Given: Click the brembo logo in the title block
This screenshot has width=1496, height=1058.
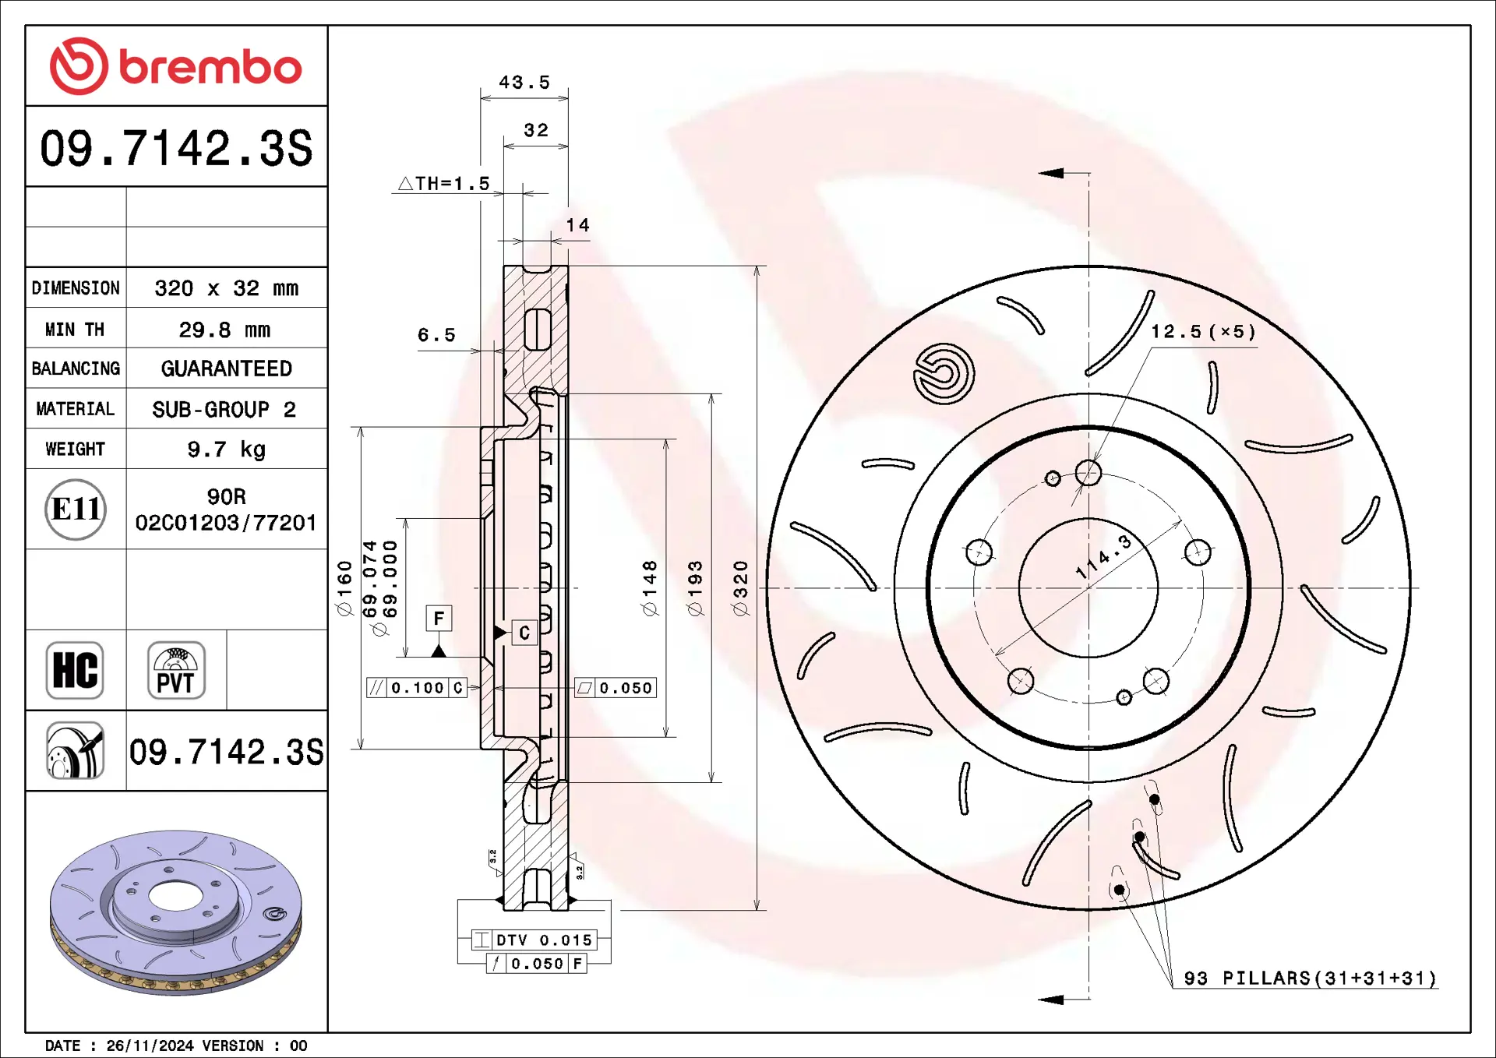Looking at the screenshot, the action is coord(175,66).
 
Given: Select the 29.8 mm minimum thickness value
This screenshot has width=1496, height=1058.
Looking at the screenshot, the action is coord(224,330).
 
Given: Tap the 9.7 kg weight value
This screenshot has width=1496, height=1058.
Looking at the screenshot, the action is coord(226,450).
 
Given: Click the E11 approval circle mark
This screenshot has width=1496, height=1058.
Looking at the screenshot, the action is coord(76,510).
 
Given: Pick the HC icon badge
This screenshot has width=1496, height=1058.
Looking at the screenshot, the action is coord(75,670).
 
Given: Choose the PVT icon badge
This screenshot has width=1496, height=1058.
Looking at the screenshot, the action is coord(176,670).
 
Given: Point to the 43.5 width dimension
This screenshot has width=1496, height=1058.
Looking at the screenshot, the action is coord(524,83).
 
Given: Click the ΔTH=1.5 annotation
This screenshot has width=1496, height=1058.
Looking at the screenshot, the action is coord(444,184).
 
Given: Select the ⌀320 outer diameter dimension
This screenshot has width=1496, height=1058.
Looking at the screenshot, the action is coord(740,588).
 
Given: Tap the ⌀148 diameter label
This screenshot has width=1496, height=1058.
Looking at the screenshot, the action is coord(650,588).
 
